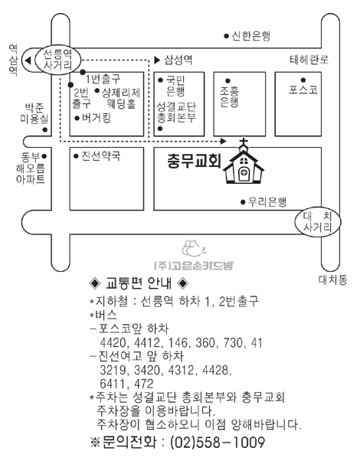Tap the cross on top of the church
click(x=244, y=143)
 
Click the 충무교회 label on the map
click(x=194, y=162)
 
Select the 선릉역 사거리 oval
click(x=57, y=60)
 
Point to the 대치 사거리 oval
click(x=318, y=222)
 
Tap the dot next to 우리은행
click(x=243, y=202)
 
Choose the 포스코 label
click(x=303, y=90)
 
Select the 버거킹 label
click(x=97, y=118)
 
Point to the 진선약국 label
click(x=101, y=155)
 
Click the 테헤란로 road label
click(x=309, y=60)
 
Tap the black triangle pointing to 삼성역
click(x=157, y=60)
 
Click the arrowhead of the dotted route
click(x=223, y=142)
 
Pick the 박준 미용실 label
click(x=34, y=113)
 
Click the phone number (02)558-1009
click(x=218, y=442)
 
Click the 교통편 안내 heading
click(x=139, y=283)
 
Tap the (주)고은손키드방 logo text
click(x=194, y=266)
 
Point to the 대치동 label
click(x=332, y=280)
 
